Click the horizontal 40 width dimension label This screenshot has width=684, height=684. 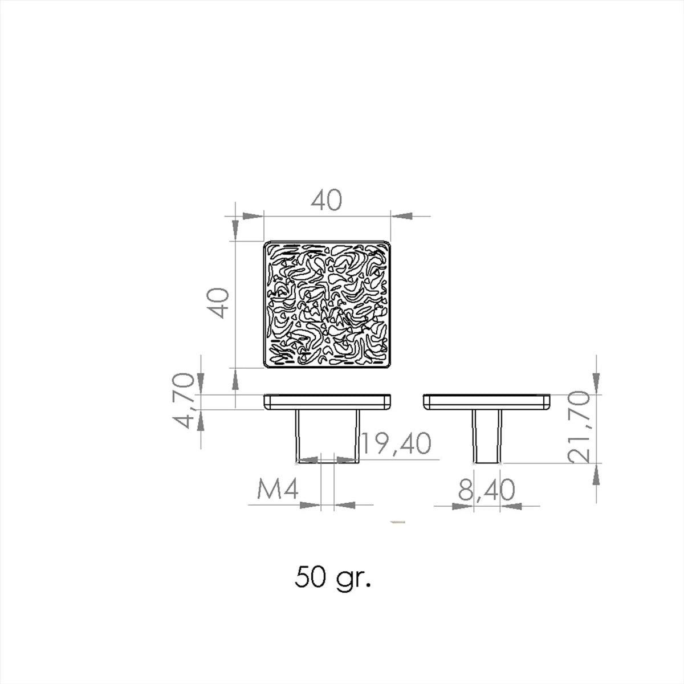click(x=326, y=200)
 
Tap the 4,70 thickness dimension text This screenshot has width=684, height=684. click(x=184, y=401)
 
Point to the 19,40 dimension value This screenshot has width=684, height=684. click(x=397, y=443)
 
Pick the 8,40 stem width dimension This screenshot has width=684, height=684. click(x=486, y=490)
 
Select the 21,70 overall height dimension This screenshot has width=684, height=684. click(x=579, y=427)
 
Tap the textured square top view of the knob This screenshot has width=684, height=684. click(x=327, y=304)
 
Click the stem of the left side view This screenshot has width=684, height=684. click(x=327, y=436)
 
